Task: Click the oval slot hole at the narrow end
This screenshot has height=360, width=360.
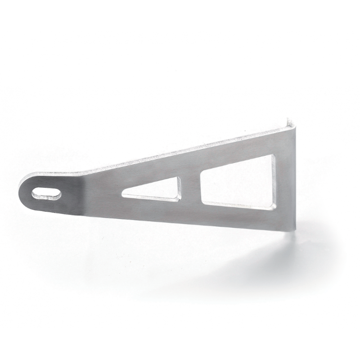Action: click(46, 193)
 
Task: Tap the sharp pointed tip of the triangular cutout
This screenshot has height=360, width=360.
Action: click(123, 195)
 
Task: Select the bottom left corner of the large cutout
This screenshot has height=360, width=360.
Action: click(203, 202)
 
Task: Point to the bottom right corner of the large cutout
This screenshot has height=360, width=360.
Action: click(274, 208)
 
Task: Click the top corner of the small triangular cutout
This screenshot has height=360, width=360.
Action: click(179, 178)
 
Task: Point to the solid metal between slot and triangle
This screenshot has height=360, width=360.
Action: click(90, 193)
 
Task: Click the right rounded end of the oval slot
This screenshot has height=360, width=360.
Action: click(58, 193)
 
